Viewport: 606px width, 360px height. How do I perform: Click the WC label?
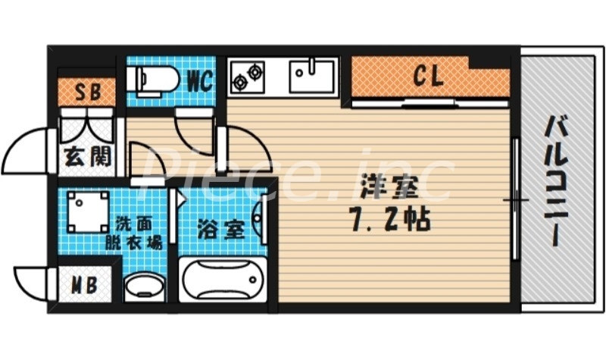coord(198,80)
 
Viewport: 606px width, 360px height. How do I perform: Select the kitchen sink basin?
coord(311,75)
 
